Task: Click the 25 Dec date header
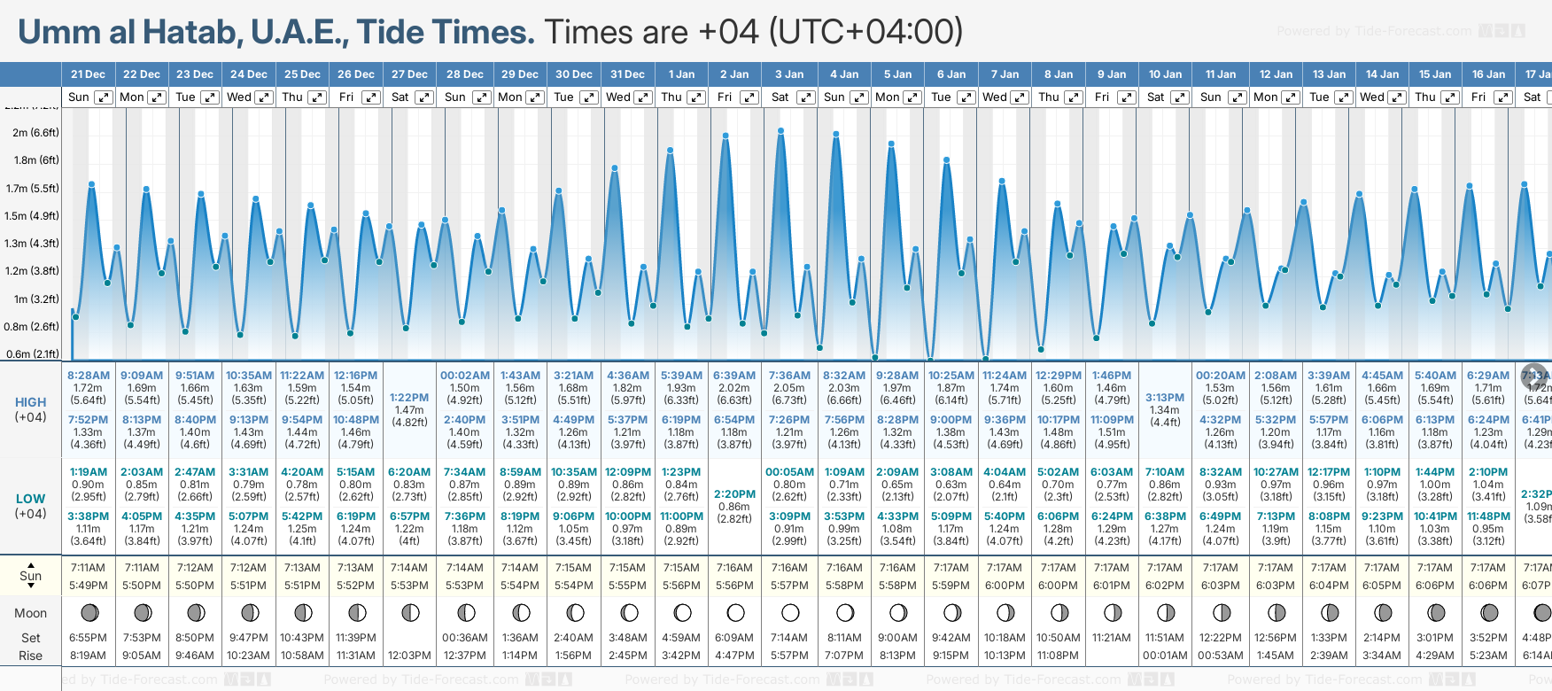coord(302,74)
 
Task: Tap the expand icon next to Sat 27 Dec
coord(424,97)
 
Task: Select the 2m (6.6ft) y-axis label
coord(35,133)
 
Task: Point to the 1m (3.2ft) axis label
coord(35,299)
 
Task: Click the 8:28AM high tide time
coord(89,376)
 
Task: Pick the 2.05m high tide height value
coord(789,388)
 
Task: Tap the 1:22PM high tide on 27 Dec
coord(409,398)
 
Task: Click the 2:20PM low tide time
coord(734,494)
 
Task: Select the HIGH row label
coord(30,402)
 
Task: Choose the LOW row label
coord(30,499)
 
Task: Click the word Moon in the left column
coord(30,613)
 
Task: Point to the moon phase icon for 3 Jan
coord(790,612)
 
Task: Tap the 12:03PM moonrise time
coord(409,656)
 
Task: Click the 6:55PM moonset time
coord(88,638)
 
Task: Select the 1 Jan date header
coord(681,74)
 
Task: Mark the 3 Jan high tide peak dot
coord(781,131)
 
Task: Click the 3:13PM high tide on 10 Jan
coord(1165,398)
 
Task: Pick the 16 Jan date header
coord(1488,74)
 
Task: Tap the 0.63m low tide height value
coord(951,485)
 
